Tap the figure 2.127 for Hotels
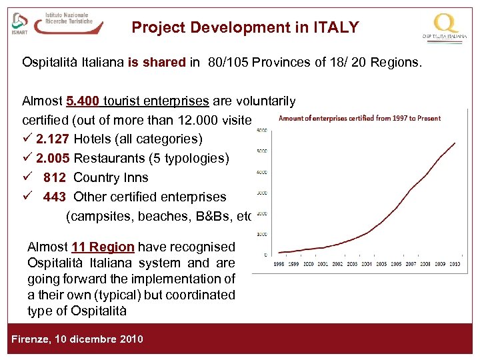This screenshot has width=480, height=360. click(x=53, y=139)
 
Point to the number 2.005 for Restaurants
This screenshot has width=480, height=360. click(x=53, y=159)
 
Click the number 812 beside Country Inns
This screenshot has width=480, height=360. click(x=55, y=178)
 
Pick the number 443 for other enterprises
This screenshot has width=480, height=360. click(x=55, y=197)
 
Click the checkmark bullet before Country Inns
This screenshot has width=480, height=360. click(x=27, y=177)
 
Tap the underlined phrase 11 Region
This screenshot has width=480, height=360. click(x=104, y=247)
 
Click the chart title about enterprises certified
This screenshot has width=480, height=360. click(x=359, y=119)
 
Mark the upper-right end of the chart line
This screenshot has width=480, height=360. click(x=455, y=142)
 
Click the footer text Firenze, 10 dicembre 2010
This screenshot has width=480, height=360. click(x=77, y=339)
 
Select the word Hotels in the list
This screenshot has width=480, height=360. click(x=91, y=139)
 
